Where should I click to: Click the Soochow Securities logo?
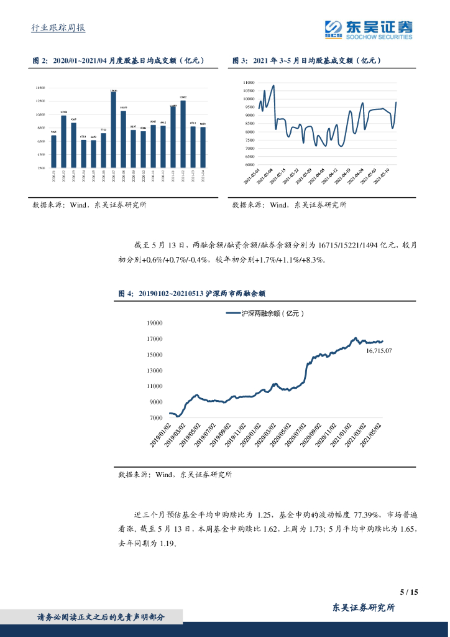369,29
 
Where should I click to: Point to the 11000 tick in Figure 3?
249,82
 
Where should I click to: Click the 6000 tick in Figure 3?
249,165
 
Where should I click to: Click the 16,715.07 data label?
379,351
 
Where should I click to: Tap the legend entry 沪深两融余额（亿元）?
273,314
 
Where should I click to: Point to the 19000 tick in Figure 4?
154,323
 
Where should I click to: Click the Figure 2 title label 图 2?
39,60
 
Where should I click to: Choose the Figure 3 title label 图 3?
240,60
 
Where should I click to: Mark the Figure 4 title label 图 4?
126,292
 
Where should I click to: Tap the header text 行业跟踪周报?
58,27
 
